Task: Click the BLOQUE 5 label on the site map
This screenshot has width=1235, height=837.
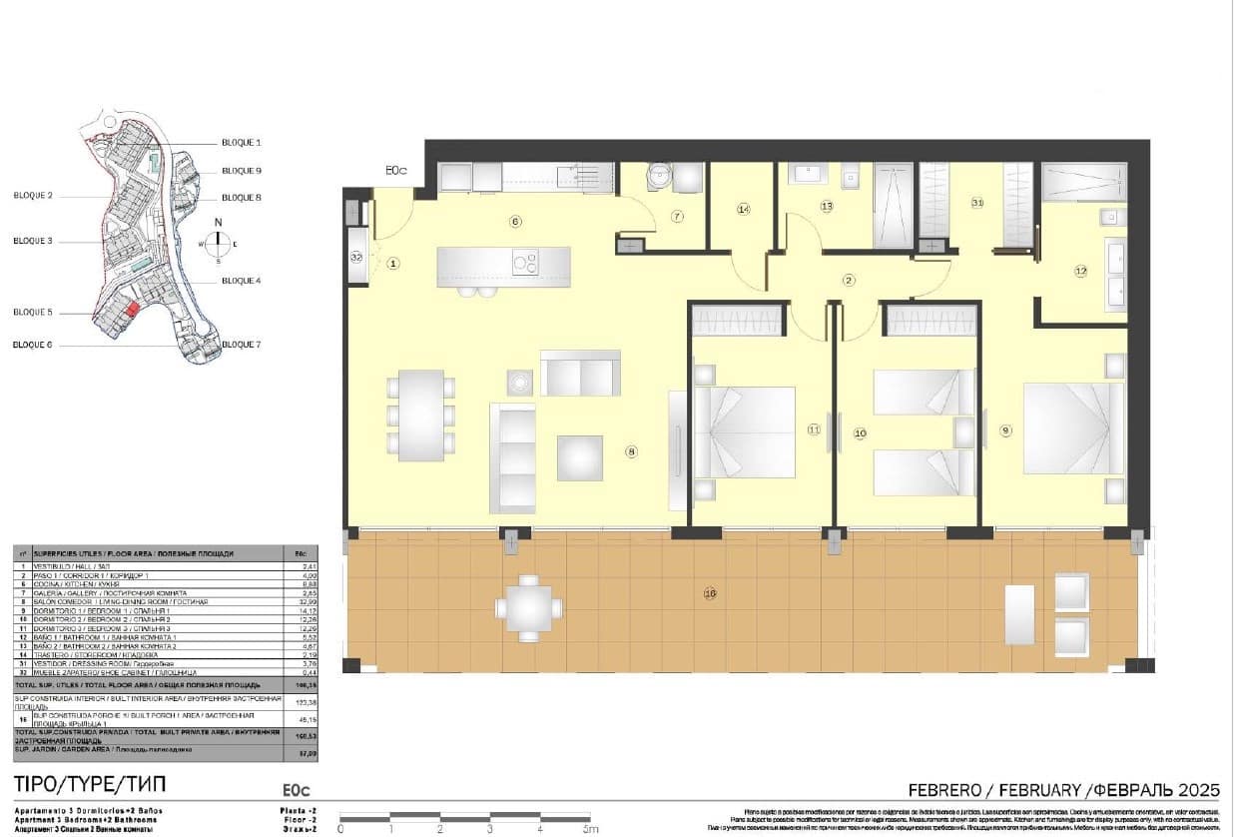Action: click(33, 313)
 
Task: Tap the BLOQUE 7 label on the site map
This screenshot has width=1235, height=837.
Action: click(241, 345)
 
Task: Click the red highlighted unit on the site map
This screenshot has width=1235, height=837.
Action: click(133, 311)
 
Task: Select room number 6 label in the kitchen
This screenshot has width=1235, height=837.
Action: click(515, 221)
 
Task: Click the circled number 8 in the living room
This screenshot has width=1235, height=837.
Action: click(630, 451)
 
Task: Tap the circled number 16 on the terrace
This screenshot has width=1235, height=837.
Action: click(710, 593)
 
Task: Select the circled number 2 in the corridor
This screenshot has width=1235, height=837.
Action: click(849, 280)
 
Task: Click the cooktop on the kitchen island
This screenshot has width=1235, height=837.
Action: click(525, 262)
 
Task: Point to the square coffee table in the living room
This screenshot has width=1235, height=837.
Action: click(579, 457)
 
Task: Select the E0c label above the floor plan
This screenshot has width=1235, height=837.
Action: click(396, 171)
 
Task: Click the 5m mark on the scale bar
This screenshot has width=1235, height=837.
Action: click(590, 828)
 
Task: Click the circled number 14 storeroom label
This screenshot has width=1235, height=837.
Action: click(743, 209)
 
